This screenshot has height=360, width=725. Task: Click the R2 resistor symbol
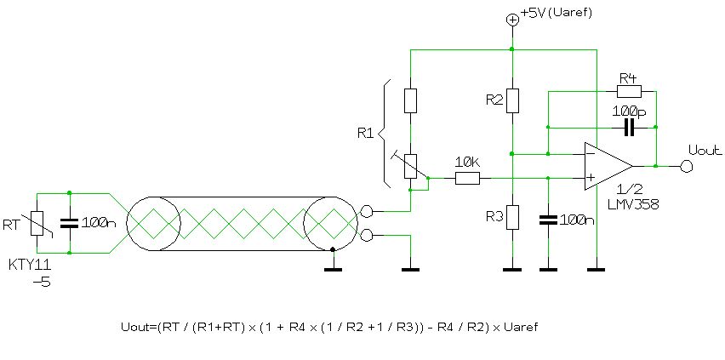pyautogui.click(x=511, y=100)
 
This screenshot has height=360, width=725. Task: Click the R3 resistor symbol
pyautogui.click(x=511, y=217)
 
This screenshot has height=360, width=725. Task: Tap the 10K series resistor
pyautogui.click(x=467, y=178)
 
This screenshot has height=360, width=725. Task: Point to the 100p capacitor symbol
pyautogui.click(x=629, y=128)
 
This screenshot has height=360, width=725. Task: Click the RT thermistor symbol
pyautogui.click(x=37, y=223)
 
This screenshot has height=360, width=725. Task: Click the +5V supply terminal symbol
pyautogui.click(x=511, y=20)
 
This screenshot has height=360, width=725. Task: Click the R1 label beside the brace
pyautogui.click(x=365, y=133)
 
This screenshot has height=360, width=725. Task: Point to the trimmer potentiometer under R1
pyautogui.click(x=410, y=165)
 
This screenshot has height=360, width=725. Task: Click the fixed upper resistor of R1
pyautogui.click(x=410, y=100)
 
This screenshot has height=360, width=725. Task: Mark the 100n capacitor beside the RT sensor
pyautogui.click(x=69, y=223)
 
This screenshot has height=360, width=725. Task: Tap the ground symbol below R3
pyautogui.click(x=511, y=270)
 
